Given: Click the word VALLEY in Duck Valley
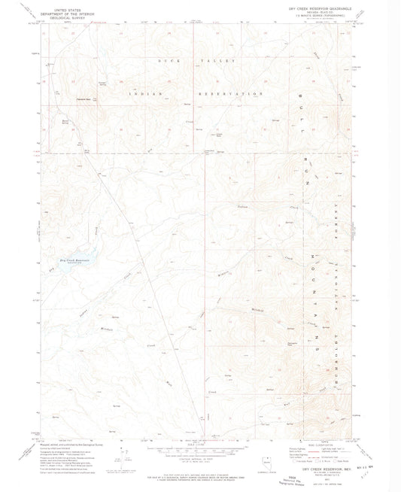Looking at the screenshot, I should point(223,59).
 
